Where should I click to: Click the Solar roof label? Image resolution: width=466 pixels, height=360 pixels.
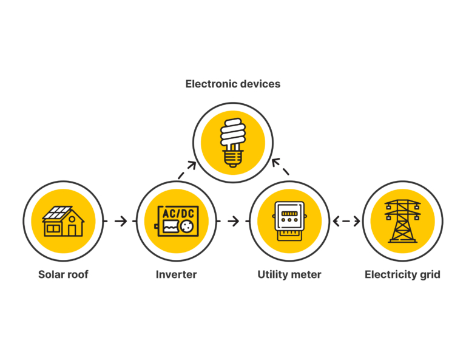pyautogui.click(x=63, y=274)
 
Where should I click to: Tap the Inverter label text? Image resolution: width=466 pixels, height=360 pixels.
pyautogui.click(x=176, y=274)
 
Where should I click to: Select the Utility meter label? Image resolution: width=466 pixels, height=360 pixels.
pyautogui.click(x=289, y=274)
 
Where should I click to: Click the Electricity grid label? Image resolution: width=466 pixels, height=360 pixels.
pyautogui.click(x=402, y=274)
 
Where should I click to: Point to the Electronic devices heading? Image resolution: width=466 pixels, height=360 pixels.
pyautogui.click(x=233, y=84)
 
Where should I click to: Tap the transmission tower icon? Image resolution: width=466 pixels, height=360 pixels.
pyautogui.click(x=402, y=221)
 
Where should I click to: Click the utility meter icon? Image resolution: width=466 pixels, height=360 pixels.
pyautogui.click(x=289, y=221)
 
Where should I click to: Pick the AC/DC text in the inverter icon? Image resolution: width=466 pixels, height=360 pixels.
pyautogui.click(x=176, y=214)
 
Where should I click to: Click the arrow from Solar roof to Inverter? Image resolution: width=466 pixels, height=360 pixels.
pyautogui.click(x=120, y=221)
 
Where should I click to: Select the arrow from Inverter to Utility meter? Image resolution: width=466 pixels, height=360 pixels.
pyautogui.click(x=232, y=221)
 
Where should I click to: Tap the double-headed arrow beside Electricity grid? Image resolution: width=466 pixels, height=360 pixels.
pyautogui.click(x=346, y=221)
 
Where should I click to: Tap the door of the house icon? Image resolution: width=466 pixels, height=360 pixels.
pyautogui.click(x=73, y=229)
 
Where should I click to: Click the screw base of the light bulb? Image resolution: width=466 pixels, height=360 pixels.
pyautogui.click(x=232, y=160)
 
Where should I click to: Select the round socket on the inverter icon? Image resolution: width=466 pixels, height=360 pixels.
pyautogui.click(x=186, y=228)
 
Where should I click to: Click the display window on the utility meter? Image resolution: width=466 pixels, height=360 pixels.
pyautogui.click(x=289, y=213)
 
